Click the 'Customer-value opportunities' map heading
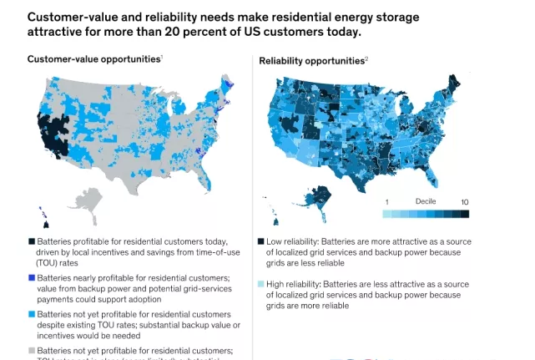93,59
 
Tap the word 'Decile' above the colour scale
426,201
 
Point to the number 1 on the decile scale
386,202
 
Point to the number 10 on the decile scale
464,202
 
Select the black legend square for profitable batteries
31,240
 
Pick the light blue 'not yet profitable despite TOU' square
31,313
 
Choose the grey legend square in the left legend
31,350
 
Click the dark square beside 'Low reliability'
263,240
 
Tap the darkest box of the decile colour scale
464,214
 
